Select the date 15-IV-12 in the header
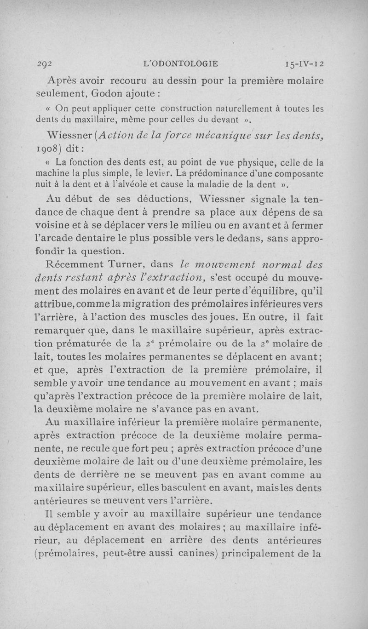(x=304, y=63)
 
